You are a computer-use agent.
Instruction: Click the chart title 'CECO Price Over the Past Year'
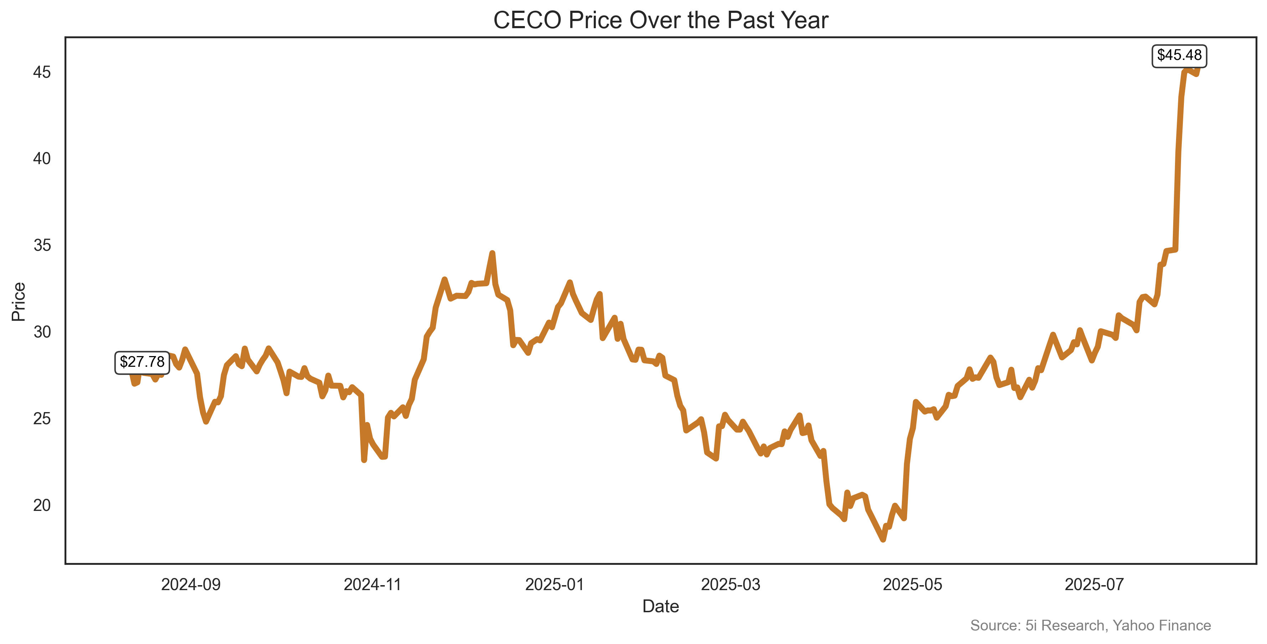tap(660, 21)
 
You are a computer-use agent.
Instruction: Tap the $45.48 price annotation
tap(1179, 55)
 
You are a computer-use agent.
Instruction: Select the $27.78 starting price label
tap(142, 362)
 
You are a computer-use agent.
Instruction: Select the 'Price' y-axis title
tap(19, 301)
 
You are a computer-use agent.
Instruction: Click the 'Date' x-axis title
tap(660, 606)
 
